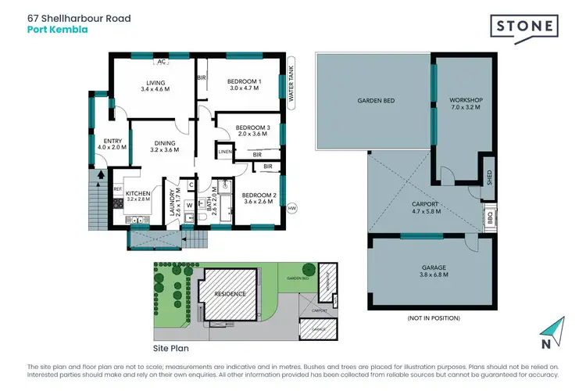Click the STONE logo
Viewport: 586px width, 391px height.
[x=525, y=27]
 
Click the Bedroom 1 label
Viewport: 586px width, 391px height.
[x=244, y=85]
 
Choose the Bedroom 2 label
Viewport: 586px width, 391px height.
[x=256, y=199]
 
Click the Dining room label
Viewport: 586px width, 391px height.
[x=165, y=145]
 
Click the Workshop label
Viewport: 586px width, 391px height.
[x=465, y=105]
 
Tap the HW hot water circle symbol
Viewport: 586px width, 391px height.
[x=293, y=209]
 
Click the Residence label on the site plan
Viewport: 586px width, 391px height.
[x=230, y=294]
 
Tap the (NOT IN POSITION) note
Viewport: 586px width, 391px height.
[x=434, y=318]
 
